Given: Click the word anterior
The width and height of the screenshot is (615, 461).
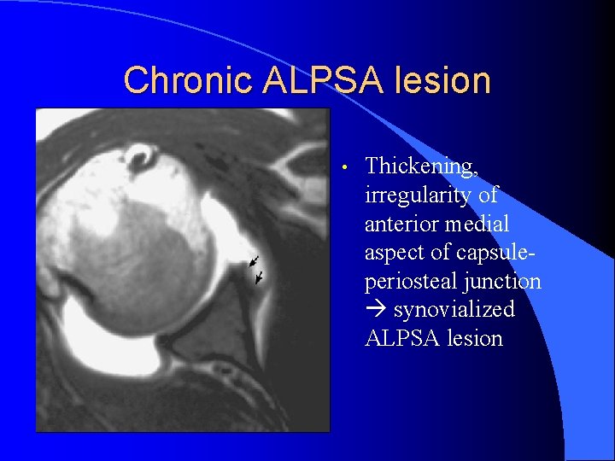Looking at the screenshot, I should pos(403,224).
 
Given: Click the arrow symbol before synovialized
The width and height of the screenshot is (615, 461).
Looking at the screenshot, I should pos(375,310).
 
